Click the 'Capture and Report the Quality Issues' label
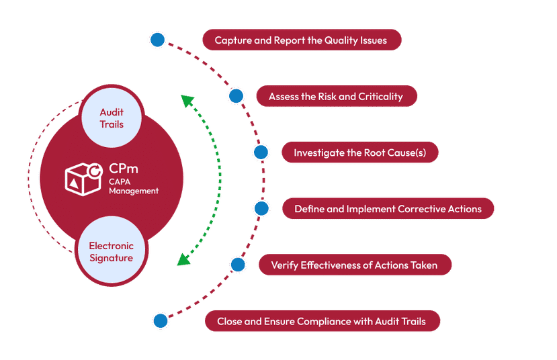pyautogui.click(x=301, y=40)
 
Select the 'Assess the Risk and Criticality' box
pyautogui.click(x=336, y=97)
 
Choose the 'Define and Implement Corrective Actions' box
pyautogui.click(x=388, y=209)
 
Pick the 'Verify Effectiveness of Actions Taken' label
pyautogui.click(x=354, y=265)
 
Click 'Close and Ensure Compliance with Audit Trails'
pyautogui.click(x=323, y=322)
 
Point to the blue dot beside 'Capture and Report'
pyautogui.click(x=157, y=40)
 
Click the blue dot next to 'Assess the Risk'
pyautogui.click(x=236, y=96)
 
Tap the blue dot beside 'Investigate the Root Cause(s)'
pyautogui.click(x=260, y=152)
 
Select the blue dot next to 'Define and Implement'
pyautogui.click(x=261, y=209)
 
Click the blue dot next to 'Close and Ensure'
pyautogui.click(x=160, y=321)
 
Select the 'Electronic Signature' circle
pyautogui.click(x=112, y=252)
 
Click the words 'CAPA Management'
pyautogui.click(x=133, y=186)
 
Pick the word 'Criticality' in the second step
pyautogui.click(x=381, y=97)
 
